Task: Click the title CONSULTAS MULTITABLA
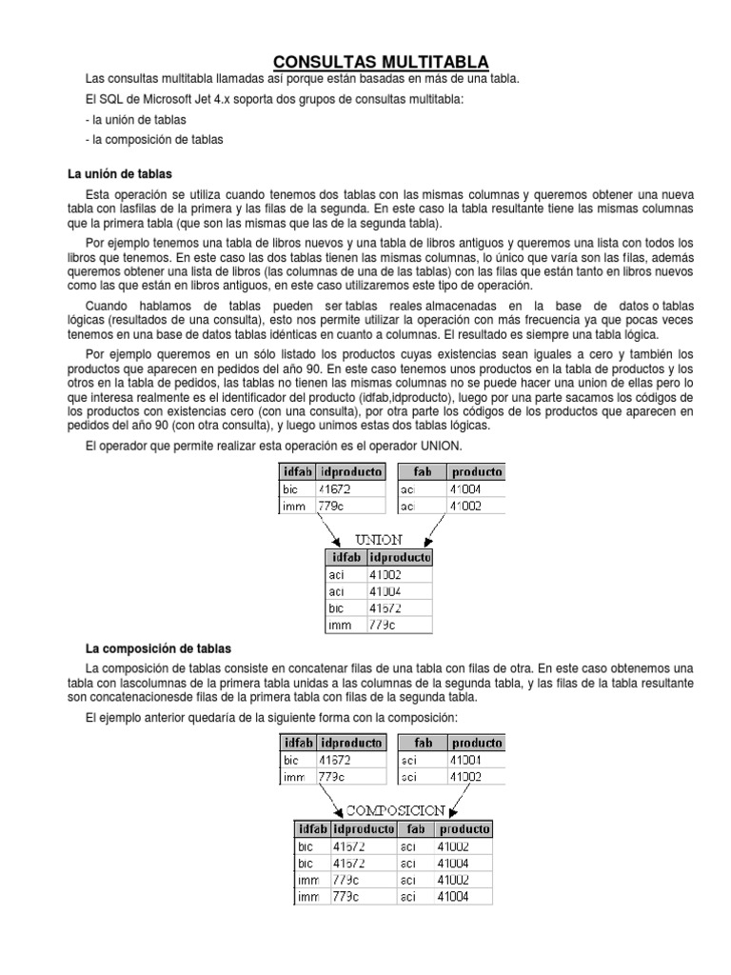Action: click(x=374, y=62)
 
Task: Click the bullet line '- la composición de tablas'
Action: click(x=153, y=140)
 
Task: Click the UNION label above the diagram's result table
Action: click(x=378, y=539)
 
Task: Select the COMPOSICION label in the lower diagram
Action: click(x=395, y=810)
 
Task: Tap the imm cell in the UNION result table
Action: click(x=340, y=626)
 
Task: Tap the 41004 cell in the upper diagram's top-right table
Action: click(x=465, y=489)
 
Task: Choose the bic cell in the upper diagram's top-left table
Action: click(x=291, y=489)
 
